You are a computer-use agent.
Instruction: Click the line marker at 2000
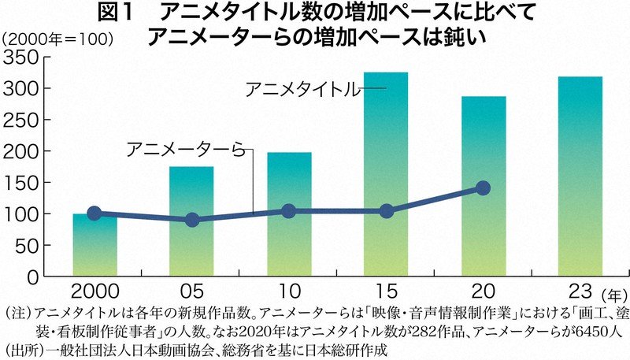(x=94, y=213)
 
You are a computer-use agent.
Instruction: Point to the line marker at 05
(x=191, y=220)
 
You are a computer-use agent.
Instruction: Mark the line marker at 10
(x=289, y=211)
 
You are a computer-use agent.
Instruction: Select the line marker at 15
(x=386, y=211)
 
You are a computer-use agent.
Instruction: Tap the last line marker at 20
(x=484, y=188)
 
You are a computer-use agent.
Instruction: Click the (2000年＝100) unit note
(x=59, y=37)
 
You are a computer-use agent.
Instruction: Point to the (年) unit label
(x=617, y=294)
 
